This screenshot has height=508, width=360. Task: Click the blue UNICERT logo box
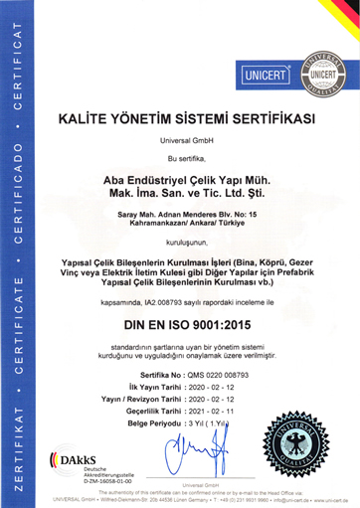(262, 75)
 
